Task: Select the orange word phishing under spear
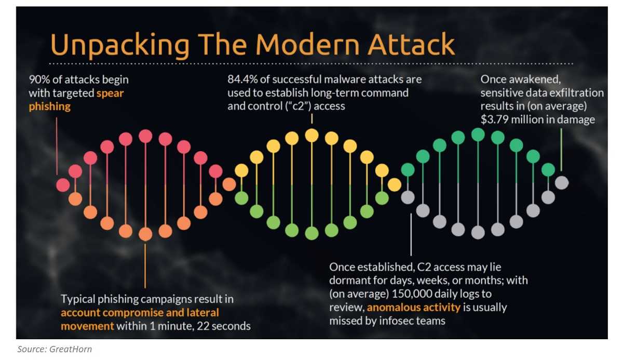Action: pyautogui.click(x=50, y=106)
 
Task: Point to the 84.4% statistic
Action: pyautogui.click(x=242, y=79)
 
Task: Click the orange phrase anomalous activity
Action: pyautogui.click(x=414, y=307)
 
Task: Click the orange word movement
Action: pyautogui.click(x=87, y=326)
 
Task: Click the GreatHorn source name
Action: pyautogui.click(x=71, y=349)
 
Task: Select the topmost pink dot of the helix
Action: pyautogui.click(x=145, y=136)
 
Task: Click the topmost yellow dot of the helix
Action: pyautogui.click(x=312, y=136)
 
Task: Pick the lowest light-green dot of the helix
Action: pyautogui.click(x=312, y=233)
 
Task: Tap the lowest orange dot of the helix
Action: pyautogui.click(x=145, y=234)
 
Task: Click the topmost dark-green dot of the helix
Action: pyautogui.click(x=478, y=135)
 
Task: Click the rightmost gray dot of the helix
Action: pyautogui.click(x=562, y=183)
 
